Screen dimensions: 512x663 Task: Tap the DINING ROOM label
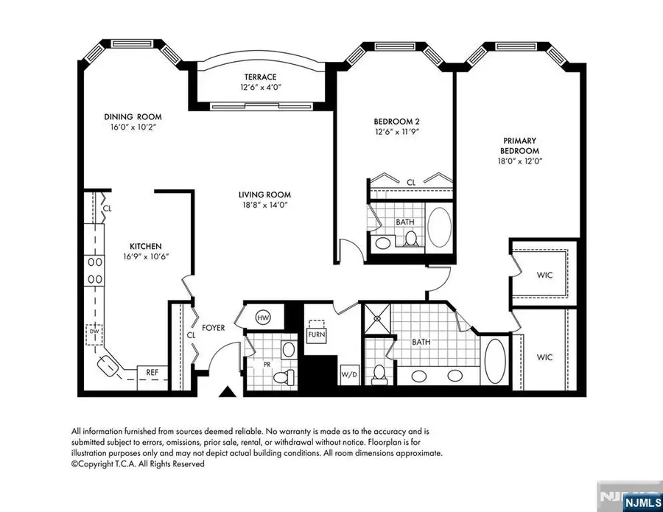click(132, 116)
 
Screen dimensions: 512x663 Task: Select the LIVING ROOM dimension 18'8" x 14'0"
click(262, 206)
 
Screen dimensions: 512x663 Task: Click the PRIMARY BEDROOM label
click(520, 145)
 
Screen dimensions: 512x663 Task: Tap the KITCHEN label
click(146, 246)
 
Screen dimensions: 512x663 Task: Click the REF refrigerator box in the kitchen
click(152, 373)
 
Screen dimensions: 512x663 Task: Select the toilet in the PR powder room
click(283, 376)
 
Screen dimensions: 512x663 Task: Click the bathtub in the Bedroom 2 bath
click(441, 227)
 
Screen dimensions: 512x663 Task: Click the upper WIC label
click(545, 275)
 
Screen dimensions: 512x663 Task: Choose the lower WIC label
click(544, 357)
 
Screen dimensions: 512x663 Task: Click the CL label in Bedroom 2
click(411, 181)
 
